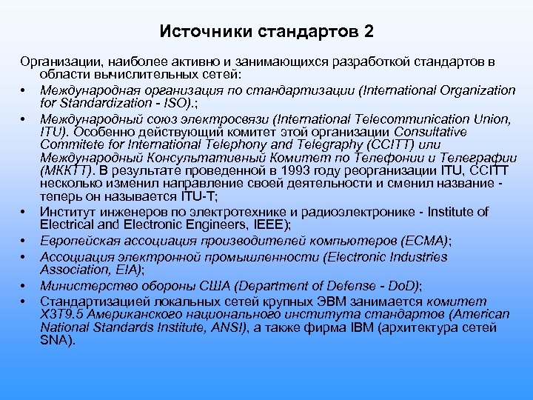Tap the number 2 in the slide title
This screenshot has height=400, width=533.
click(x=368, y=32)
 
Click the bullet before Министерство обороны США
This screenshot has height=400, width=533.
click(x=24, y=286)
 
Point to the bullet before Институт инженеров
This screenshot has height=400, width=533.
click(x=24, y=213)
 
